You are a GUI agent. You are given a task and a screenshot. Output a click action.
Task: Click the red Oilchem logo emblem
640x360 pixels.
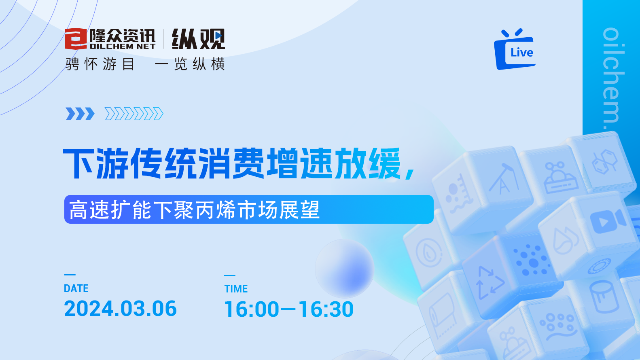[x=76, y=39]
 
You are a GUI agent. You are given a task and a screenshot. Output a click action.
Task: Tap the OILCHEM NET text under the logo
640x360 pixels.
[x=123, y=46]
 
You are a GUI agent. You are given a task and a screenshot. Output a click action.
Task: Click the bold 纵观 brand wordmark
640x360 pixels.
[x=198, y=39]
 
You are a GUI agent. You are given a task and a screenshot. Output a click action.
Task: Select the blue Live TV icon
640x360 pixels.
[x=515, y=49]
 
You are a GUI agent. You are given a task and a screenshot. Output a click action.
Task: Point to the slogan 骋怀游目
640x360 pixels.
[x=100, y=64]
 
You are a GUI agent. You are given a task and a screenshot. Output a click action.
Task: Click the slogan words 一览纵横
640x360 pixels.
[x=190, y=64]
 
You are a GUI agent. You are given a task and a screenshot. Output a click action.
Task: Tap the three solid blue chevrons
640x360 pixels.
[x=80, y=114]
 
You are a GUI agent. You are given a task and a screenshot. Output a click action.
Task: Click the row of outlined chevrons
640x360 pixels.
[x=134, y=114]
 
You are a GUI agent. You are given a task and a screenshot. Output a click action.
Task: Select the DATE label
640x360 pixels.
[x=76, y=288]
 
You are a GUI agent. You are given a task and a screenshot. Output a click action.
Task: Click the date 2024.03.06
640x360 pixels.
[x=120, y=309]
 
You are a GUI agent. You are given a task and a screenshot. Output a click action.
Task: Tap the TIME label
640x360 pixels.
[x=236, y=288]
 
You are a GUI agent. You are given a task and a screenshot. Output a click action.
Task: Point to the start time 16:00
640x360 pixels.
[x=252, y=309]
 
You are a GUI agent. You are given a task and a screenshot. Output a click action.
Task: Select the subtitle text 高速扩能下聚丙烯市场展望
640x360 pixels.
[x=194, y=210]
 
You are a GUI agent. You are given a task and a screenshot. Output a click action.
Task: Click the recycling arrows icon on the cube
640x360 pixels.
[x=490, y=283]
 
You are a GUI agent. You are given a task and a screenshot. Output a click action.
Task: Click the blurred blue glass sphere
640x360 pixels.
[x=345, y=269]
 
